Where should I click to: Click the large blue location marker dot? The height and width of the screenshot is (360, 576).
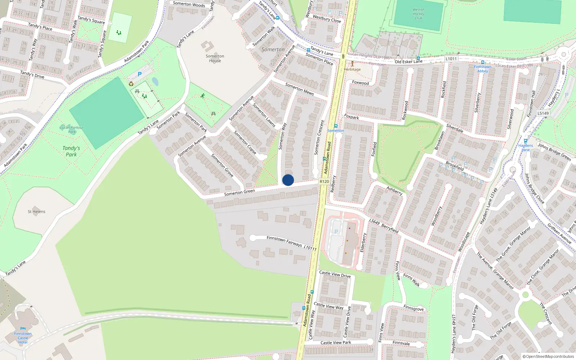pos(288,180)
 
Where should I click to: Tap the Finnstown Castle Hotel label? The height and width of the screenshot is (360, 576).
pos(23,338)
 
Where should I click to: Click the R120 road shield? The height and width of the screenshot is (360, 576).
pos(324,181)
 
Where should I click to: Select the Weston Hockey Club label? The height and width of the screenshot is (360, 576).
pos(418,14)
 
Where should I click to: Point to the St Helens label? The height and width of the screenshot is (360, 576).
pos(36,212)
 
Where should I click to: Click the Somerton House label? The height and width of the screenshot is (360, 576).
pos(215,58)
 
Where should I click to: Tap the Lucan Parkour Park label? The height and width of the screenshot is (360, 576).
pos(72,129)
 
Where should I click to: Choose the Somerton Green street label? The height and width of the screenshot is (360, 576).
pos(239,192)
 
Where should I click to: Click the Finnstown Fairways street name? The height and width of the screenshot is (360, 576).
pos(284,241)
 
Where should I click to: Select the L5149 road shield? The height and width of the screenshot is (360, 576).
pos(543,113)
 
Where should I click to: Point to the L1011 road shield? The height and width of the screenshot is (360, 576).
pos(451,59)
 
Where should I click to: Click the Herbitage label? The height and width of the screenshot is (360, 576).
pos(352,69)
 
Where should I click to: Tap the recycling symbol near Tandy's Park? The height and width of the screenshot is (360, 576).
pos(131,84)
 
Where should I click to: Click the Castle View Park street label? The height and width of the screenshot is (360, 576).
pos(336,343)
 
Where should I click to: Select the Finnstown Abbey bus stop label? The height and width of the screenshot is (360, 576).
pos(482,69)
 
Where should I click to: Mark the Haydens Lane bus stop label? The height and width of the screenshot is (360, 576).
pos(526,148)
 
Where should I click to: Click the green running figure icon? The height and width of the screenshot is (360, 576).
pos(203,96)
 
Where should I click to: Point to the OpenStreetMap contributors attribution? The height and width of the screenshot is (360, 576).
pos(548,356)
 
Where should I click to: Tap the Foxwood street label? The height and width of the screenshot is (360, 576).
pos(360,83)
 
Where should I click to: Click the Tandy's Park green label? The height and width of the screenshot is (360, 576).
pos(71,151)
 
